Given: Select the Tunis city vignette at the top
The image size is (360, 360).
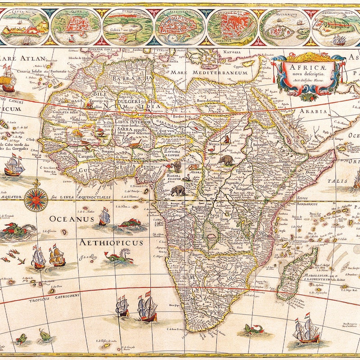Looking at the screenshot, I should point(128,26).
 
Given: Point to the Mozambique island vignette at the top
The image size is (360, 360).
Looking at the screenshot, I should point(284,26).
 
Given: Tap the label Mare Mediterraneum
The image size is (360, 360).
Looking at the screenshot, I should point(219,72).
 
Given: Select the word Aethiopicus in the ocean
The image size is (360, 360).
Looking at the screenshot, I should point(111,243).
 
